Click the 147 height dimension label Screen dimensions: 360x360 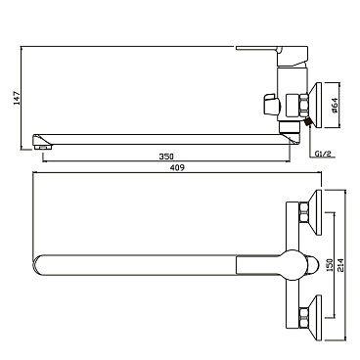coord(18,98)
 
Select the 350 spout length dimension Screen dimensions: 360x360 coord(166,157)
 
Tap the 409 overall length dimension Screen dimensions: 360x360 coord(177,167)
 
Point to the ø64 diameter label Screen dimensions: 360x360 coord(335,106)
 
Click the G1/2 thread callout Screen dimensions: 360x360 coord(323,154)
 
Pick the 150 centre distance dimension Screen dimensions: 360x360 coord(330,265)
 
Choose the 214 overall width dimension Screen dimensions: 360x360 coord(340,265)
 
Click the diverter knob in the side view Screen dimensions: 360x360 coord(271,105)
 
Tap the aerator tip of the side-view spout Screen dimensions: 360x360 coord(42,148)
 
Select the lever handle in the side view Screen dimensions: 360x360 coord(272,52)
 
